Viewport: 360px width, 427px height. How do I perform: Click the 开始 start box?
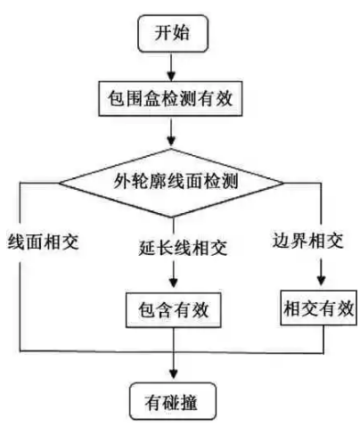(x=173, y=34)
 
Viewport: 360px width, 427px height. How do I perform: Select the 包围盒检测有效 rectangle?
(x=170, y=99)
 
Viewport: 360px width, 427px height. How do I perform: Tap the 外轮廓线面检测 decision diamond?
(x=171, y=183)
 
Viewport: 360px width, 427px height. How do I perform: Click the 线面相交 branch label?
(x=43, y=242)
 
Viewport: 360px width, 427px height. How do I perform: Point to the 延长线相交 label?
(x=183, y=248)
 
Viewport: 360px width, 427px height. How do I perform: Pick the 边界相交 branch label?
(x=308, y=240)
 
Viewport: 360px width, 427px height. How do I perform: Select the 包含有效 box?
(x=174, y=310)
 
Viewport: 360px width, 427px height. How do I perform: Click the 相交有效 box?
(x=319, y=308)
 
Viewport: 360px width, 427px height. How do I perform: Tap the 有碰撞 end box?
(x=172, y=401)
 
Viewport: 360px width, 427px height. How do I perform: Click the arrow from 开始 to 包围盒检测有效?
(x=171, y=67)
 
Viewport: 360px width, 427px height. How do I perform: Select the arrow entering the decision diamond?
(x=171, y=132)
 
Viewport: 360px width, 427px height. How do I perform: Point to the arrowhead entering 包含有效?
(x=173, y=283)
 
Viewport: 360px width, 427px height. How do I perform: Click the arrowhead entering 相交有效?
(x=321, y=281)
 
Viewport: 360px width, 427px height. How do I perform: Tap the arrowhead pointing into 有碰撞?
(x=173, y=374)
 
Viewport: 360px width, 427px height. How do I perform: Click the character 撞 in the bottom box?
(x=189, y=402)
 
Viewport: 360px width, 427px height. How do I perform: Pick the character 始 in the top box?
(x=181, y=33)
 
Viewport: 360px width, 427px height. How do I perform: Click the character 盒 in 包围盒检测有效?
(x=152, y=98)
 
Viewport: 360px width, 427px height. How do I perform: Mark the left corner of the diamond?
(x=59, y=183)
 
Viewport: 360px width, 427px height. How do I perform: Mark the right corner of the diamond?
(x=283, y=183)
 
